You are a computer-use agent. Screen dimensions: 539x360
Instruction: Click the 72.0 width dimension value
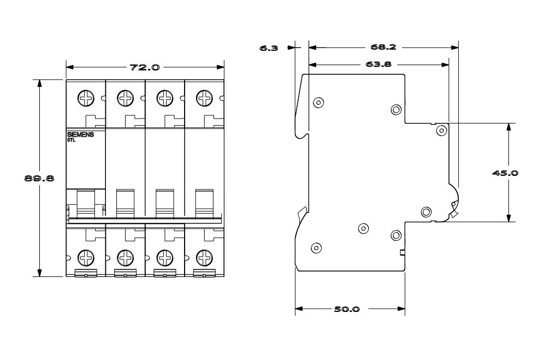145,67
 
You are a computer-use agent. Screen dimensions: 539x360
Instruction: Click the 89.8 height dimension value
39,178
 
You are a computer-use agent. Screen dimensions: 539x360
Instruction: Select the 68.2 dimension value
383,47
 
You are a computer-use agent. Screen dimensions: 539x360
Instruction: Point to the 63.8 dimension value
378,64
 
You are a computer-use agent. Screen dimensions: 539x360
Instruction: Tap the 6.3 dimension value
269,48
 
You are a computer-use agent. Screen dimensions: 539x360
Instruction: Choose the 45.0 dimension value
505,173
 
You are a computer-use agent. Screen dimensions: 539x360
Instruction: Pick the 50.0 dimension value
347,309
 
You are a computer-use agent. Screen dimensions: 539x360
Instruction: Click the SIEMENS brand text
80,135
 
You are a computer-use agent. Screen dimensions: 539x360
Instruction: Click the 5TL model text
70,140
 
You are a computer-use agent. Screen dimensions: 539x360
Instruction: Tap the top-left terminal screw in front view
86,98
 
